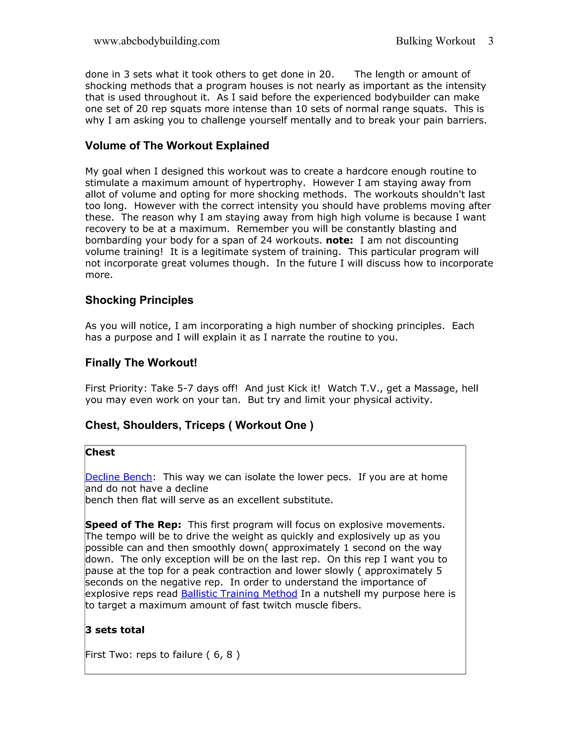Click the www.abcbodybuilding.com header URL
[x=156, y=41]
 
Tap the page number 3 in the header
[x=491, y=41]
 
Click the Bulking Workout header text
[x=435, y=41]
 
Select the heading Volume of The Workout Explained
[x=177, y=146]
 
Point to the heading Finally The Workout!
[x=141, y=363]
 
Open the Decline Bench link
[x=118, y=477]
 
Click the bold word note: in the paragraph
[x=339, y=241]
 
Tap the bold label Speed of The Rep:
[x=133, y=525]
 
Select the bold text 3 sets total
[x=114, y=630]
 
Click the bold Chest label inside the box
[x=100, y=452]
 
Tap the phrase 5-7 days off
[x=207, y=389]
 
